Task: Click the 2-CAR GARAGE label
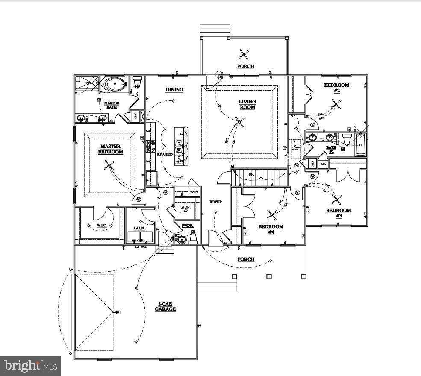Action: (165, 306)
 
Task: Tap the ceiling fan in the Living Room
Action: (240, 123)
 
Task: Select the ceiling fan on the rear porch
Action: (244, 54)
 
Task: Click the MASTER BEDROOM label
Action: (110, 149)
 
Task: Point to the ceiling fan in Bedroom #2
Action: (337, 103)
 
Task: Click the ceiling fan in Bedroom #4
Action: (271, 214)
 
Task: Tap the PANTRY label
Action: (194, 192)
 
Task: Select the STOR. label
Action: (185, 207)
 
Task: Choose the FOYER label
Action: (215, 202)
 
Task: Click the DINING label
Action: (174, 90)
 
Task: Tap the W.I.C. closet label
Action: (101, 225)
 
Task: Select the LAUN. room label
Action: (139, 228)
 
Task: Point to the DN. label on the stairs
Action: (252, 174)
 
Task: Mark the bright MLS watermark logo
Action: (30, 366)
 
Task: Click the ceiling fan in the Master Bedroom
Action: (110, 165)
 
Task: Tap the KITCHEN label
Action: (165, 154)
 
